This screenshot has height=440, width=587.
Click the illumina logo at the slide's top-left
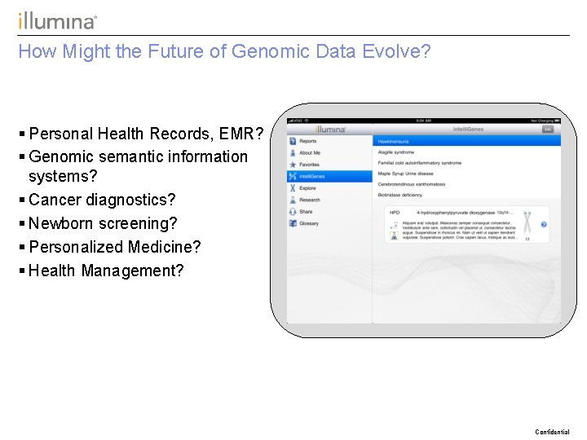click(57, 21)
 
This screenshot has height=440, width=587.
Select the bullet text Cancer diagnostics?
click(102, 200)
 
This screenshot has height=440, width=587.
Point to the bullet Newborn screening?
click(102, 223)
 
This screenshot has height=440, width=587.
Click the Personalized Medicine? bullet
click(114, 247)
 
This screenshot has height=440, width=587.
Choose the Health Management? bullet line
click(106, 271)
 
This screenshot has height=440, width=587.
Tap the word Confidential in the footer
click(552, 432)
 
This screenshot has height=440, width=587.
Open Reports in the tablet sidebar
click(307, 141)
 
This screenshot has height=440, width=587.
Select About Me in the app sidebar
click(309, 152)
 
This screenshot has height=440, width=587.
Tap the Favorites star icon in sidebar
click(293, 165)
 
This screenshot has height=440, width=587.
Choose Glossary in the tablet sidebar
click(308, 223)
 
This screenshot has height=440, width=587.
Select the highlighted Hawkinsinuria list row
click(466, 141)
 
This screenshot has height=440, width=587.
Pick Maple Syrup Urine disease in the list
click(405, 173)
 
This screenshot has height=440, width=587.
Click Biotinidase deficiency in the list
click(399, 195)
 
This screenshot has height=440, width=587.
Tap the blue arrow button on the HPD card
click(544, 225)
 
